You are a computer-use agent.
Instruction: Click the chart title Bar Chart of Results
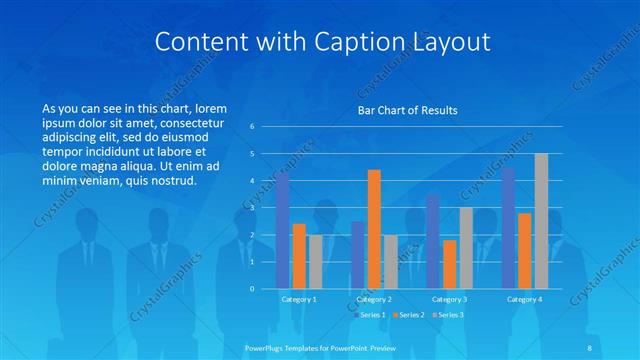point(407,110)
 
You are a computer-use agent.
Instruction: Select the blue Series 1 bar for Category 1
point(283,230)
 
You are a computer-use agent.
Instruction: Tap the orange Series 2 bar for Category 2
point(374,229)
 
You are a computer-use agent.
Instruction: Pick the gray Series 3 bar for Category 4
point(541,221)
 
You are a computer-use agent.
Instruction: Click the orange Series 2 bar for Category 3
point(450,264)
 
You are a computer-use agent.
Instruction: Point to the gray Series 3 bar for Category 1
point(316,261)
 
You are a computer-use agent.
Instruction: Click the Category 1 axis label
point(299,299)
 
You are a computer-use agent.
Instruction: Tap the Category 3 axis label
point(450,299)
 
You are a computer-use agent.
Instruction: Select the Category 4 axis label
point(525,299)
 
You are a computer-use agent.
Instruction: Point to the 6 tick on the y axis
point(252,127)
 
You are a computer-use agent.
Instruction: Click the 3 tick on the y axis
point(252,208)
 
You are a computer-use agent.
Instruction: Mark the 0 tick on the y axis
point(252,289)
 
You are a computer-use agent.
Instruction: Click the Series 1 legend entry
point(370,315)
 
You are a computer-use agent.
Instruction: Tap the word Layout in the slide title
point(447,42)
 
